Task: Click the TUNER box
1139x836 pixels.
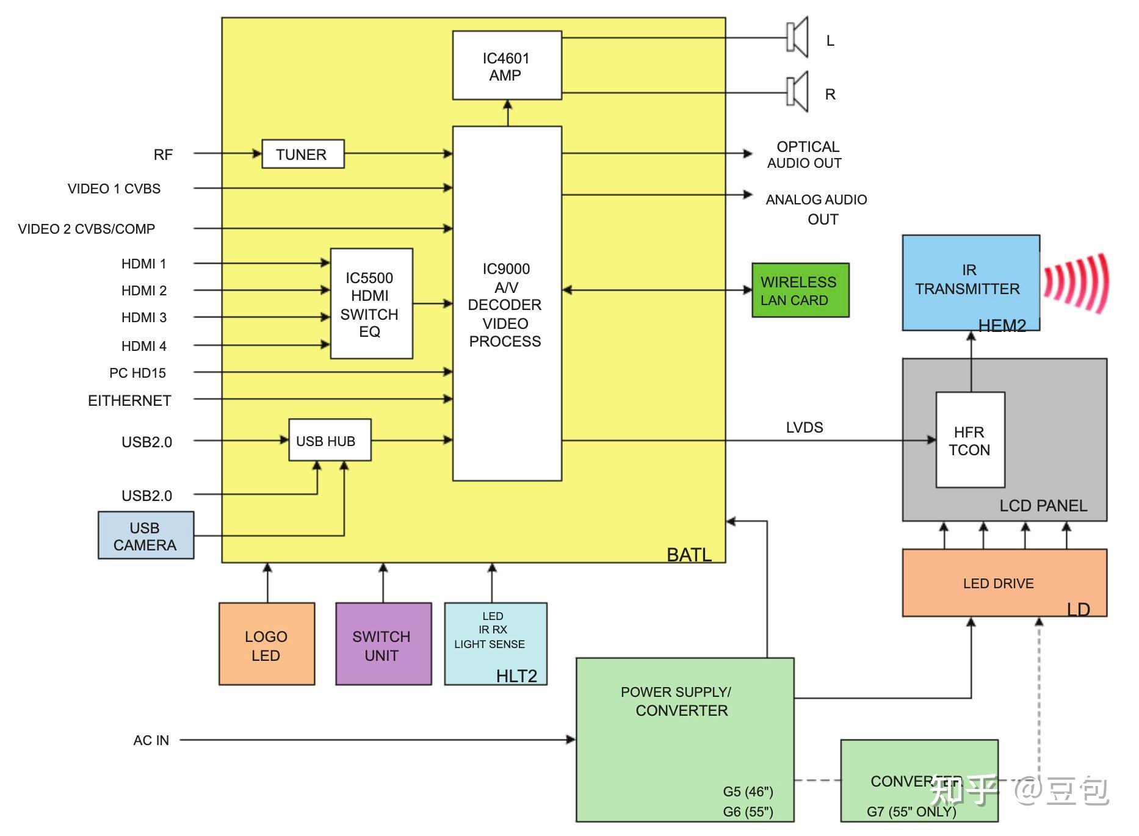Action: (303, 154)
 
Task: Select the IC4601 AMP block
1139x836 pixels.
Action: (507, 66)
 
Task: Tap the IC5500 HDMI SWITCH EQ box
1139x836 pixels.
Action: (371, 304)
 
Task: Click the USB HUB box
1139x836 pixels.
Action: (330, 441)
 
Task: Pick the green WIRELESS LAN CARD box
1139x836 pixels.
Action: (800, 290)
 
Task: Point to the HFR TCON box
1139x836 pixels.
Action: (970, 440)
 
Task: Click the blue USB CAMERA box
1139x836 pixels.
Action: (146, 536)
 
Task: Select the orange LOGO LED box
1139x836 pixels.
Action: (267, 644)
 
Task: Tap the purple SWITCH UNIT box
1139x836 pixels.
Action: (383, 644)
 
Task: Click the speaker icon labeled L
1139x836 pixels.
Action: (797, 38)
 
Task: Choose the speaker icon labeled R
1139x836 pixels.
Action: (797, 92)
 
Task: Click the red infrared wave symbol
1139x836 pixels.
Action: (1076, 283)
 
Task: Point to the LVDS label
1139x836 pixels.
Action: (805, 427)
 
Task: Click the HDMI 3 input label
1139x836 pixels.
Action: (144, 317)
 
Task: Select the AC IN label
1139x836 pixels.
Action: (151, 740)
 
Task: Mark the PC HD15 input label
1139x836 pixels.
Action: (137, 373)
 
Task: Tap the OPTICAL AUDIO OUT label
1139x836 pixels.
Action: (806, 155)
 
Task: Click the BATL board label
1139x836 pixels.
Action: (689, 555)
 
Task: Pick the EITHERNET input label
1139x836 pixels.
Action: (129, 400)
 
